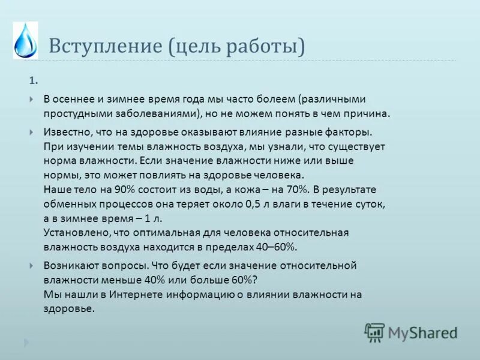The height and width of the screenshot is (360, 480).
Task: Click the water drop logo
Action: pyautogui.click(x=25, y=40)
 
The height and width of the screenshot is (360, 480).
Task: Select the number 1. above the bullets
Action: pyautogui.click(x=34, y=80)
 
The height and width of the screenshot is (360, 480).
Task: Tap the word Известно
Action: pyautogui.click(x=67, y=131)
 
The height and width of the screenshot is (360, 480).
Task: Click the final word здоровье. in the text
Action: pyautogui.click(x=69, y=309)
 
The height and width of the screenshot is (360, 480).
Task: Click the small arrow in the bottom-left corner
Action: pyautogui.click(x=25, y=343)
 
